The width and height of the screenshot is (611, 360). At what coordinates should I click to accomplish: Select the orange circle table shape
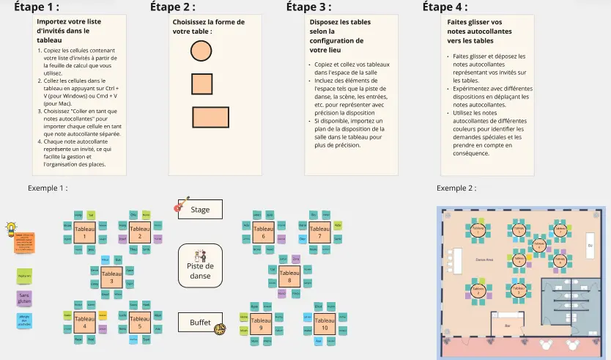[x=201, y=51]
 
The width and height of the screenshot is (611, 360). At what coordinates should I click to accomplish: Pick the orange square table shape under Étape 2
[x=201, y=84]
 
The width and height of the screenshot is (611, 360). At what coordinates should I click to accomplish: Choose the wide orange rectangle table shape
[x=210, y=118]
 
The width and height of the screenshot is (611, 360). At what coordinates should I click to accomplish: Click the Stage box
[x=200, y=210]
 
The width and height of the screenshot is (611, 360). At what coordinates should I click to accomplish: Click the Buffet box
[x=200, y=322]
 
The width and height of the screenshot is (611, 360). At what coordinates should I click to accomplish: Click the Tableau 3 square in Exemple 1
[x=111, y=277]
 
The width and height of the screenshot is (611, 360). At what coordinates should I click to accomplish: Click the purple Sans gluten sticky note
[x=25, y=298]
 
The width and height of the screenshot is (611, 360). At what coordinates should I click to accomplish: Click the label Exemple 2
[x=456, y=188]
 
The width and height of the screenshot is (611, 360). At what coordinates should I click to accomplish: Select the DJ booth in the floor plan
[x=589, y=245]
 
